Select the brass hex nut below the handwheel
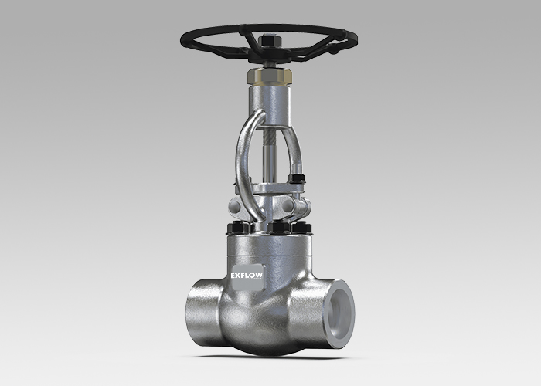pos(270,78)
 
